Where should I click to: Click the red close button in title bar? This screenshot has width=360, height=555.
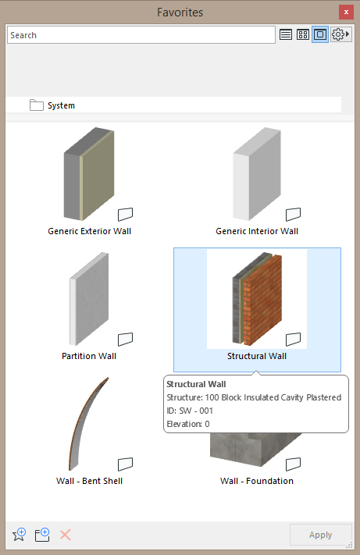[x=346, y=12]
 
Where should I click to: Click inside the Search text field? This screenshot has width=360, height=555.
[x=141, y=35]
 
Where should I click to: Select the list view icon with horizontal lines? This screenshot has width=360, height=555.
[x=286, y=34]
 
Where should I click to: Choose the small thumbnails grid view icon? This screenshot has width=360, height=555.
[x=303, y=34]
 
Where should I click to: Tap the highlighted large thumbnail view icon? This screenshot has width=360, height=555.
[x=320, y=34]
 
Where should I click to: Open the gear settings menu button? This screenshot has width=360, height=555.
[x=341, y=34]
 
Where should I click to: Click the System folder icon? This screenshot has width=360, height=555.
[x=37, y=105]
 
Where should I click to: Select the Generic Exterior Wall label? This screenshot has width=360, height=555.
[x=90, y=231]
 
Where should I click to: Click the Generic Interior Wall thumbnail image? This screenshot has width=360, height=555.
[x=257, y=174]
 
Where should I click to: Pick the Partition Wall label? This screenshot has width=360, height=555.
[x=89, y=356]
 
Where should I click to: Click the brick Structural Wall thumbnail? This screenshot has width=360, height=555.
[x=257, y=299]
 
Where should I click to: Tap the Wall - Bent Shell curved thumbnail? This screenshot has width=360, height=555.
[x=88, y=424]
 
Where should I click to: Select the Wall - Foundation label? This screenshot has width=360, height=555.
[x=257, y=481]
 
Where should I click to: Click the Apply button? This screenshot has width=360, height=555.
[x=321, y=535]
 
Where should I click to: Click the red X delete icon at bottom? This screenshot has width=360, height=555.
[x=66, y=535]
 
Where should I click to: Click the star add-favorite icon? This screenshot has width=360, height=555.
[x=19, y=535]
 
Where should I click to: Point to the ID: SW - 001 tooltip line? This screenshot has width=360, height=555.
[x=190, y=411]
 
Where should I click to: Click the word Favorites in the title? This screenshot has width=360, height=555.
[x=180, y=12]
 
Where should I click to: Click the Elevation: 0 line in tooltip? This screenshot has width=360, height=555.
[x=188, y=424]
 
